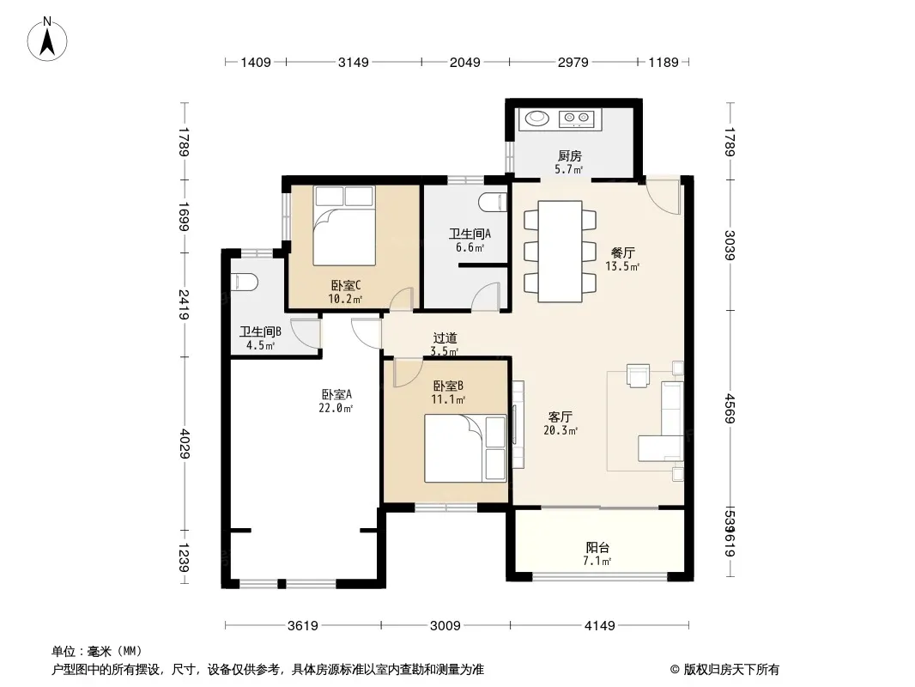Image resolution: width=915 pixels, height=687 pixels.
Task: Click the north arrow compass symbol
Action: tap(47, 40)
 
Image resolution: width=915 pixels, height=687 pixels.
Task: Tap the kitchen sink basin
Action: tap(536, 119)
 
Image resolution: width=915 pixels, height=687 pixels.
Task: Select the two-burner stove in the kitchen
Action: tap(577, 119)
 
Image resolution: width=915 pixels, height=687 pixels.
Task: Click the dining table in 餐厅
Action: tap(561, 251)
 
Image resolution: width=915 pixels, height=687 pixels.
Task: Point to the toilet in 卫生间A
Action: tap(493, 202)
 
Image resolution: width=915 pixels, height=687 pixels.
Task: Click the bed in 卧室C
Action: tap(343, 226)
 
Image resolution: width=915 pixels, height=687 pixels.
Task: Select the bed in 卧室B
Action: tap(465, 448)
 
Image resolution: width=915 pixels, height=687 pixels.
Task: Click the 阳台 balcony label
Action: tap(597, 548)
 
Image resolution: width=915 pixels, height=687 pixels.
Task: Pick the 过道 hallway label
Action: tap(445, 338)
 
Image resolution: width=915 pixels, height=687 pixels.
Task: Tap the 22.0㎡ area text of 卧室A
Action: tap(336, 408)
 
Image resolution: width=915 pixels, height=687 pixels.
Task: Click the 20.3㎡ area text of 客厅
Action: tap(561, 431)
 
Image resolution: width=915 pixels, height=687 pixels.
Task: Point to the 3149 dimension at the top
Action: tap(354, 62)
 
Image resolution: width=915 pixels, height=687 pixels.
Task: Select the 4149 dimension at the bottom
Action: tap(600, 626)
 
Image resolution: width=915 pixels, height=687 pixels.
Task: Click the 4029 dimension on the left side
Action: tap(185, 444)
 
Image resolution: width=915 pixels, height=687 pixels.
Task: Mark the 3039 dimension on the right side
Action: tap(730, 245)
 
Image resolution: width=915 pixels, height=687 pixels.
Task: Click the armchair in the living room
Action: tap(638, 374)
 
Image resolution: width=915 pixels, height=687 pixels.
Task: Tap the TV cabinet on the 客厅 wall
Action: tap(518, 424)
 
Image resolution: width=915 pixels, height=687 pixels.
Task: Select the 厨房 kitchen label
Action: tap(570, 155)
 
